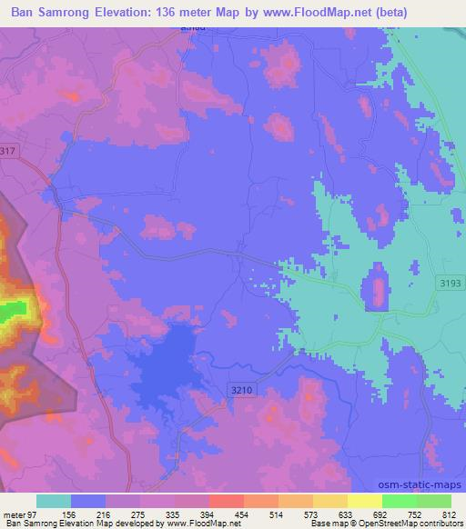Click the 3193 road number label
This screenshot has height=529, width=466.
pyautogui.click(x=448, y=284)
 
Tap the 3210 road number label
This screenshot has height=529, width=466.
pyautogui.click(x=239, y=389)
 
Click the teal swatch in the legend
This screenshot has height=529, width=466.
pyautogui.click(x=54, y=501)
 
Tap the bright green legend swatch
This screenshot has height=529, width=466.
pyautogui.click(x=400, y=501)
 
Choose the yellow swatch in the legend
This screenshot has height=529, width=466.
pyautogui.click(x=365, y=501)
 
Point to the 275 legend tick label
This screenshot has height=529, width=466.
pyautogui.click(x=141, y=514)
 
